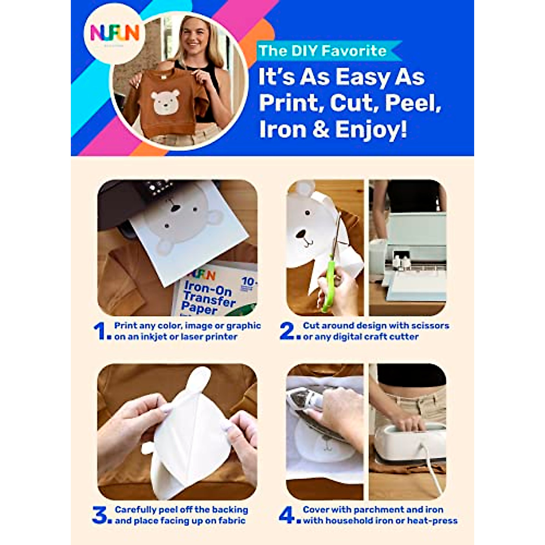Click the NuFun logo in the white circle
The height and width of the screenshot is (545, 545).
pyautogui.click(x=114, y=33)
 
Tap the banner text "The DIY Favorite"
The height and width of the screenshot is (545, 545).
pyautogui.click(x=322, y=50)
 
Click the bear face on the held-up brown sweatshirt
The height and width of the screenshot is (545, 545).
pyautogui.click(x=165, y=101)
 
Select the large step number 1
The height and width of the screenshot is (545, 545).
pyautogui.click(x=100, y=331)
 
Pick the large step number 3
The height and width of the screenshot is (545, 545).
pyautogui.click(x=100, y=515)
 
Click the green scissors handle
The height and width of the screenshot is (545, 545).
pyautogui.click(x=327, y=284)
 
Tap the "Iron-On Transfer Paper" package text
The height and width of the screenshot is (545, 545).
pyautogui.click(x=209, y=297)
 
